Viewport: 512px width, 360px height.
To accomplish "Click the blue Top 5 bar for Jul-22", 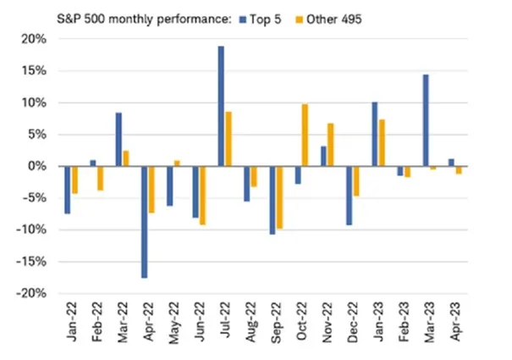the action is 221,106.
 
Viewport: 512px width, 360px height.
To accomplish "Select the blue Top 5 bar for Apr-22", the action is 145,222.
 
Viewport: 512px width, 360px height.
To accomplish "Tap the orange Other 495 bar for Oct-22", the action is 305,136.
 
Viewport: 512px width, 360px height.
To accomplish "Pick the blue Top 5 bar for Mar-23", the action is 426,120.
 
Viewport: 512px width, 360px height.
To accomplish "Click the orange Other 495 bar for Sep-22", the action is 279,197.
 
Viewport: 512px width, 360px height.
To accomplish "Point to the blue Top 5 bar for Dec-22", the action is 349,196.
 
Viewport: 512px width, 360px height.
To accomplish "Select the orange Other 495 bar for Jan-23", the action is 382,143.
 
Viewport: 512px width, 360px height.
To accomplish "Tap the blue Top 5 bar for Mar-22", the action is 118,140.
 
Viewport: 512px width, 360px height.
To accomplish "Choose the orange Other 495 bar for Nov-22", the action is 330,145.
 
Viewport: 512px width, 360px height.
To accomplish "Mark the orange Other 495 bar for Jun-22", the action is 202,196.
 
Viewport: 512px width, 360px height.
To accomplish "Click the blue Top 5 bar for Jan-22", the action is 68,190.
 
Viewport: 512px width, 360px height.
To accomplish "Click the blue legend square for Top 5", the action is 243,19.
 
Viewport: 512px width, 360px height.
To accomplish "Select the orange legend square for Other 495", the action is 299,19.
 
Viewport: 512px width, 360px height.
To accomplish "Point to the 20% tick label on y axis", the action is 34,39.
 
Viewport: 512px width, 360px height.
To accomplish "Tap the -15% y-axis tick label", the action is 31,262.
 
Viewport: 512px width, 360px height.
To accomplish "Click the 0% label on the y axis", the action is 37,166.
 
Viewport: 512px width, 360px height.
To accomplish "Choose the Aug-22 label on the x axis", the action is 251,322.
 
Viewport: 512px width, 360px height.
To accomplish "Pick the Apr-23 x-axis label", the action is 456,321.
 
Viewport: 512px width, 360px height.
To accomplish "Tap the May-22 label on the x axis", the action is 174,323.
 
